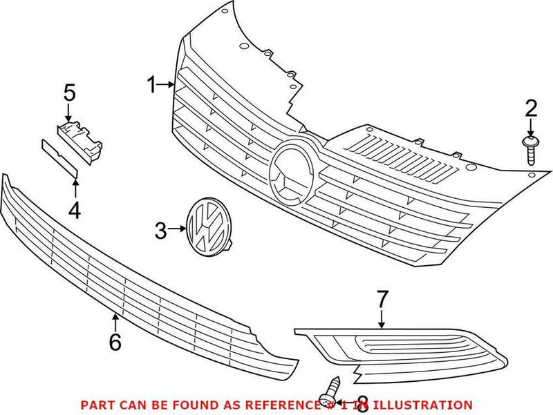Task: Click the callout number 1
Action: coord(151,85)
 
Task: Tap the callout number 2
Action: coord(530,108)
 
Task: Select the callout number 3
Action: coord(160,231)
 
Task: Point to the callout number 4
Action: coord(74,210)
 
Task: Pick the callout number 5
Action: coord(69,92)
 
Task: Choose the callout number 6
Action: coord(115,340)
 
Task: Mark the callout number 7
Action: coord(382,300)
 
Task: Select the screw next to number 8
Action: coord(331,387)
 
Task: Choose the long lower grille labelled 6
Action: coord(138,276)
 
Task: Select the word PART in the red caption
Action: coord(97,405)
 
